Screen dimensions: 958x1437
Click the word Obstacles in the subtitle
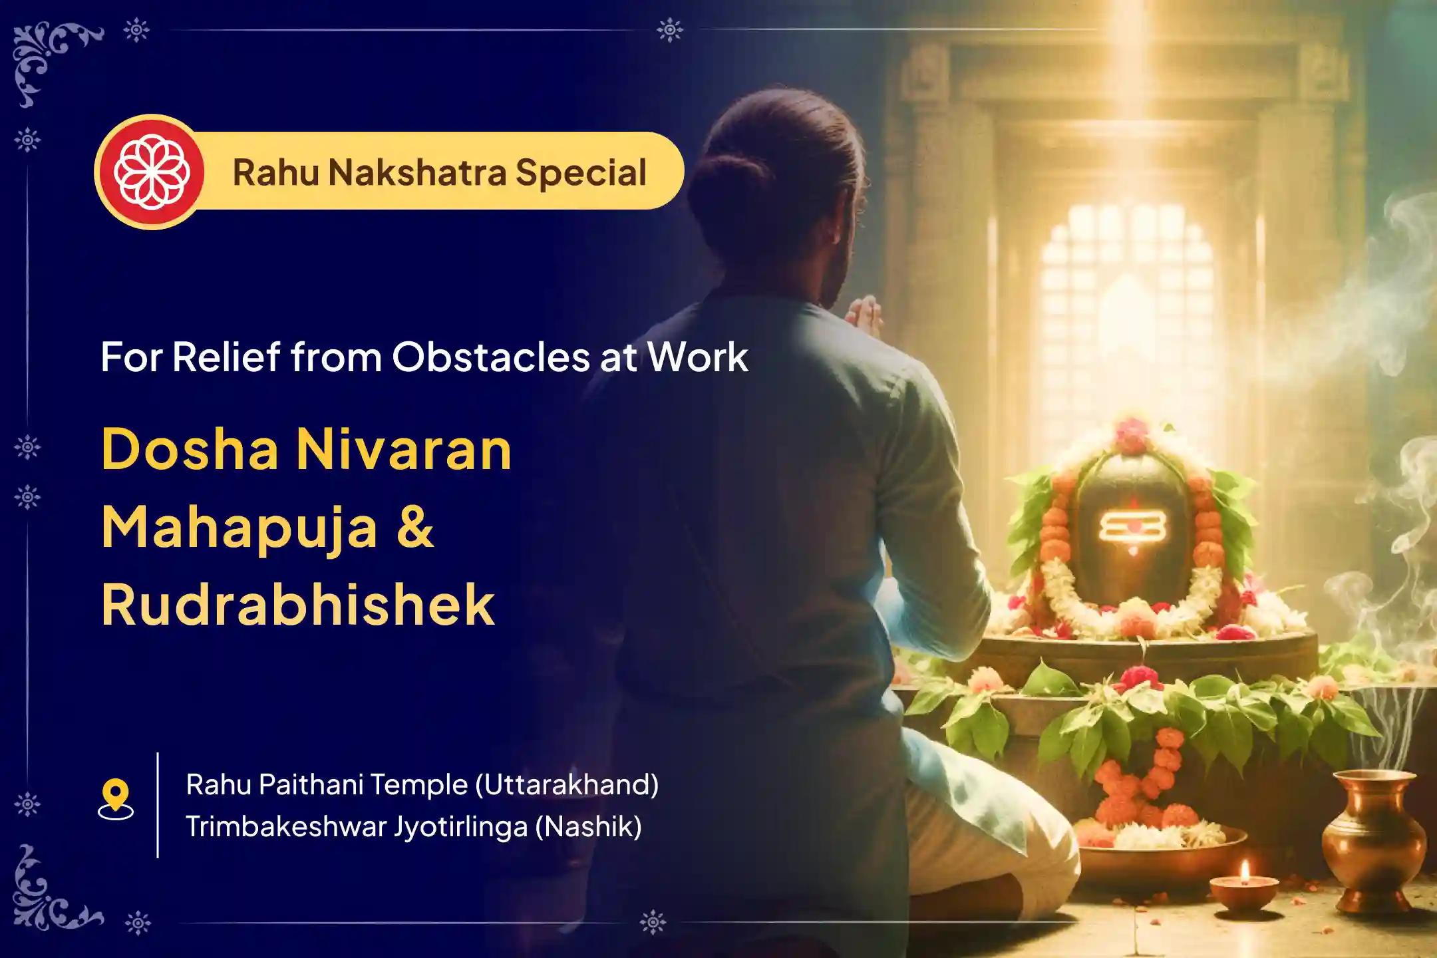pos(490,357)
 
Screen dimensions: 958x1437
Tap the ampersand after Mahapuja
pos(417,528)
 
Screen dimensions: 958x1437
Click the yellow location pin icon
pos(116,796)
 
